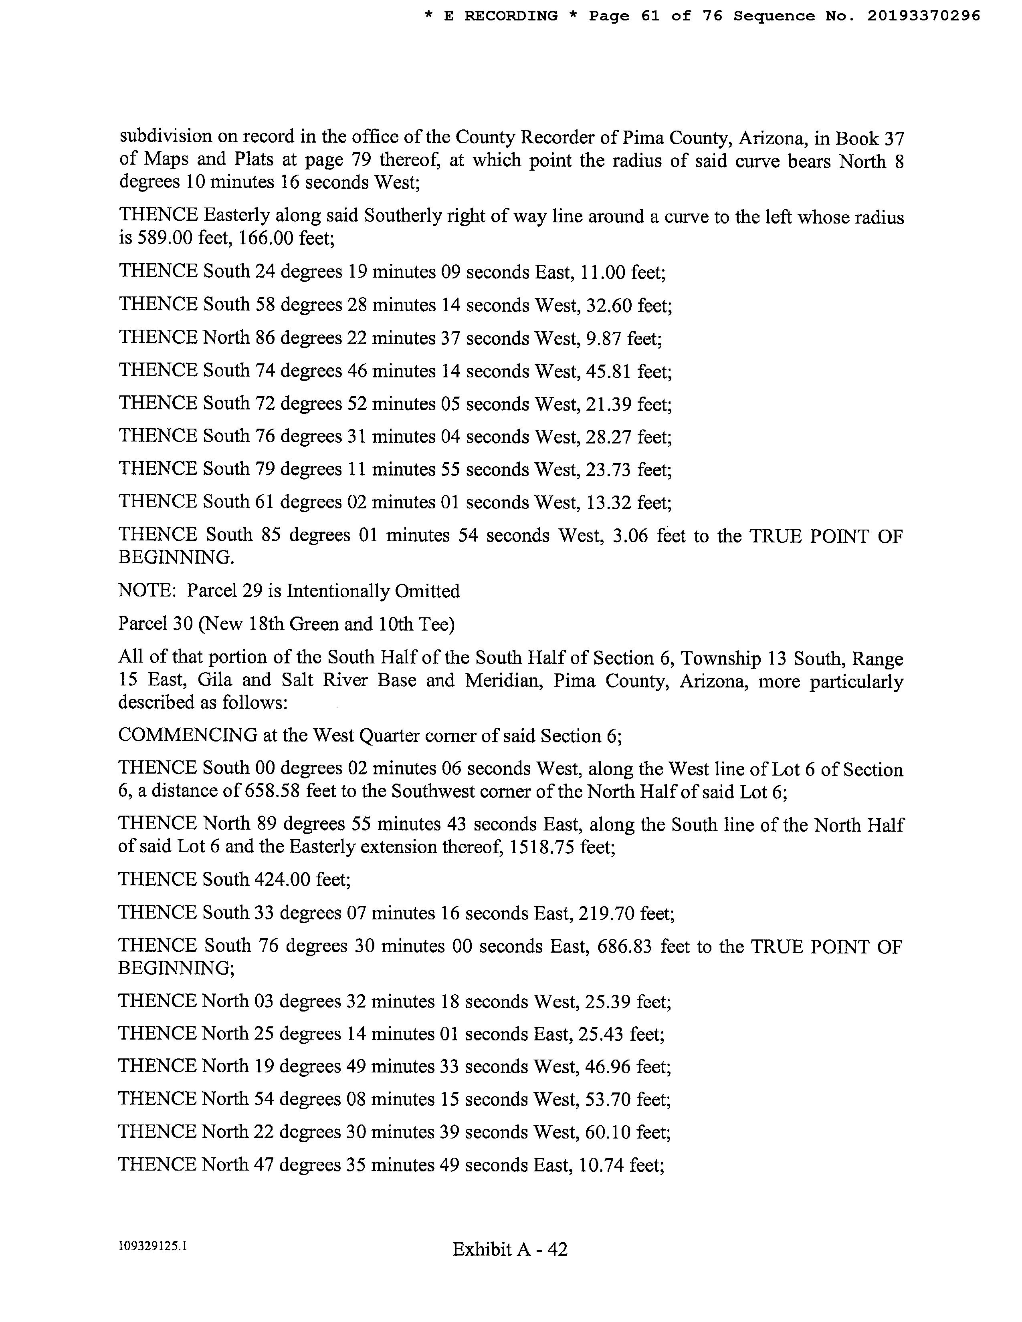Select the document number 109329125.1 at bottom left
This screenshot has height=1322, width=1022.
point(153,1246)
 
